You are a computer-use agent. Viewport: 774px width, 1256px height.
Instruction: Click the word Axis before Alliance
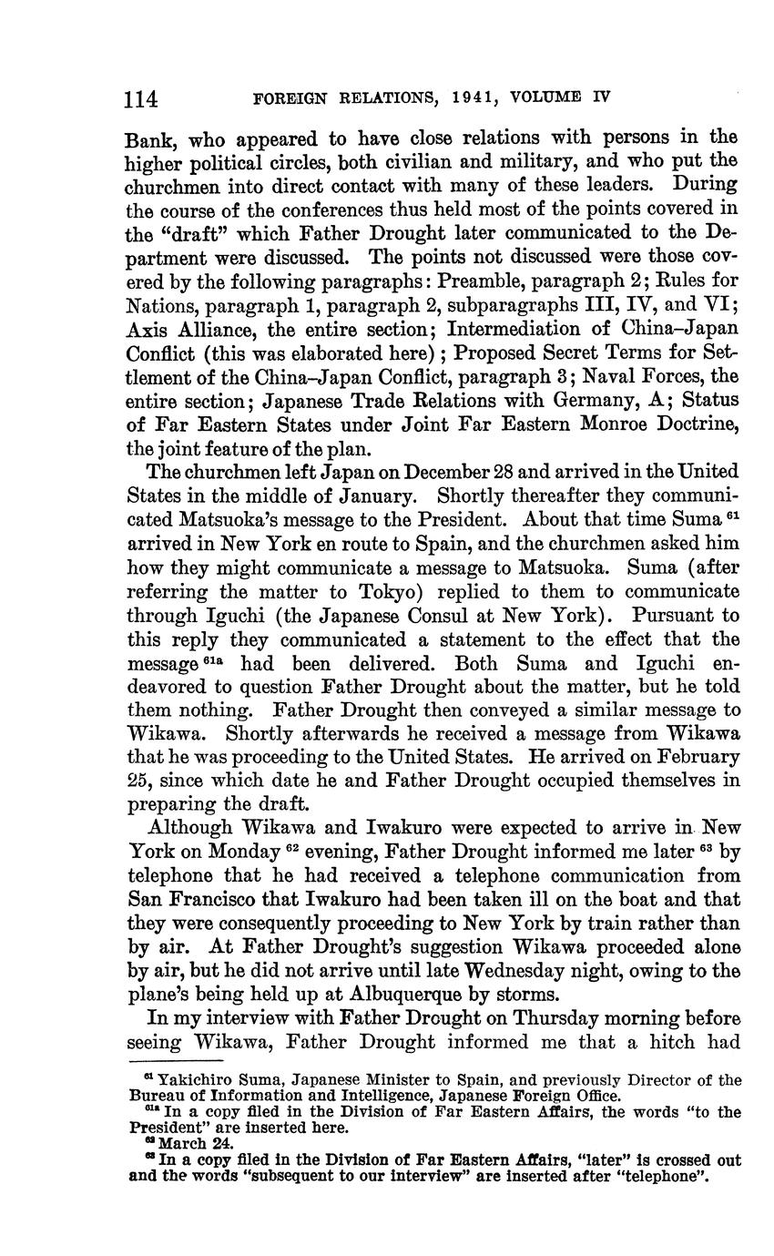144,330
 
